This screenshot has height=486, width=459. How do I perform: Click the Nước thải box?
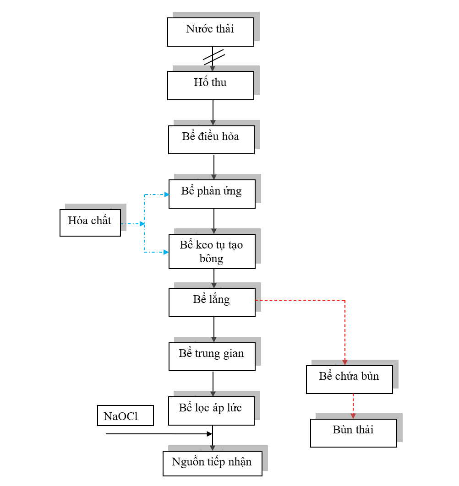point(210,32)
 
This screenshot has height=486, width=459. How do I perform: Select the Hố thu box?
point(210,85)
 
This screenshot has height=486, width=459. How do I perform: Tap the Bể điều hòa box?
point(211,140)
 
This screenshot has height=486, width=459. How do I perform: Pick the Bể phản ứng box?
point(212,194)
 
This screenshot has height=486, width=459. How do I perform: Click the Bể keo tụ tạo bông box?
point(212,251)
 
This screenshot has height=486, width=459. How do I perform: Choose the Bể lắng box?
point(212,302)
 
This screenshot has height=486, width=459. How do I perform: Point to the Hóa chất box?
point(90,222)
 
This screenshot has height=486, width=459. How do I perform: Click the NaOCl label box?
point(125,416)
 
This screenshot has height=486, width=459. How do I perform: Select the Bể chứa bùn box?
point(349,379)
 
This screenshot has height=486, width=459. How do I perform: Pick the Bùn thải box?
point(353,432)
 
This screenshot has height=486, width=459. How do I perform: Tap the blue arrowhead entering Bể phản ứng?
point(166,194)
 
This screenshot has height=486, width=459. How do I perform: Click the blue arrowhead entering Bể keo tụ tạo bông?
point(166,252)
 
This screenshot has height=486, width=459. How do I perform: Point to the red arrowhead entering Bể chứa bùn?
point(344,362)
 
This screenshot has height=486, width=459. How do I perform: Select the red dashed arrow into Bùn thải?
point(353,405)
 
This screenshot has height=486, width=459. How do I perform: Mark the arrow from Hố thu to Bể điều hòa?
point(213,112)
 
